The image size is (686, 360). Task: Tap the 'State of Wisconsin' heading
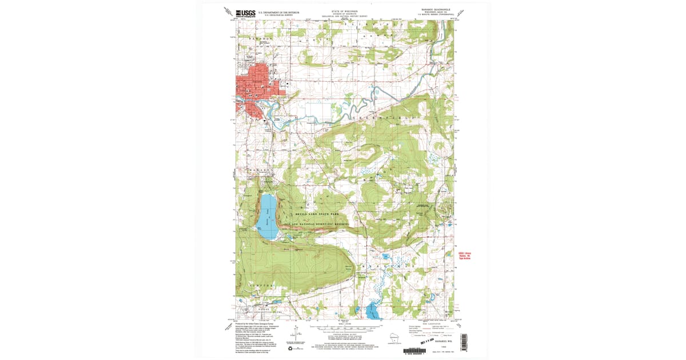click(343, 10)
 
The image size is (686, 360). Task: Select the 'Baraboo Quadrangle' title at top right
click(433, 10)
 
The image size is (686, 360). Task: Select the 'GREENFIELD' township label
click(375, 115)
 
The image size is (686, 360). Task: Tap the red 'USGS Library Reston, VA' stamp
click(467, 255)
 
